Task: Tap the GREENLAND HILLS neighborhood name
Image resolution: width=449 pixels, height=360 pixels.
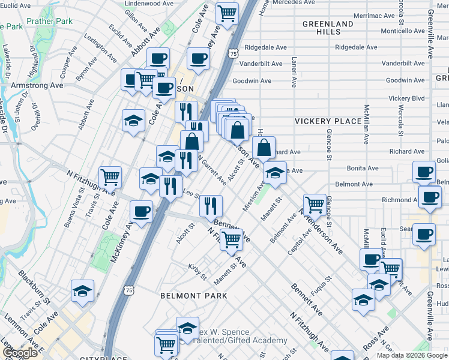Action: pyautogui.click(x=328, y=28)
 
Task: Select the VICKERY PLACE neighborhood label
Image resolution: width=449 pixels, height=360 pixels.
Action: pyautogui.click(x=328, y=121)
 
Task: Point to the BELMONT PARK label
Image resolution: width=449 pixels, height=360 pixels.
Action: pyautogui.click(x=194, y=296)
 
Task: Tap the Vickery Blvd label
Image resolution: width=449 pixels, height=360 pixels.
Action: pyautogui.click(x=406, y=98)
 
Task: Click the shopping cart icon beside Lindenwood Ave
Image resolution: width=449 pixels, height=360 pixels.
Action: pyautogui.click(x=227, y=14)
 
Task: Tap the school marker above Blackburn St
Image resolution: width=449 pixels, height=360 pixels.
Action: pyautogui.click(x=83, y=292)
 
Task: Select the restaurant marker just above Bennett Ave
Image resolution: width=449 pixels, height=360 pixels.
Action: pyautogui.click(x=211, y=206)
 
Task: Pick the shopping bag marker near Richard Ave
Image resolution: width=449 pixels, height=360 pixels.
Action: pyautogui.click(x=264, y=148)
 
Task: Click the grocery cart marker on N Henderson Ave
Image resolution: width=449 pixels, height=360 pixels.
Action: pyautogui.click(x=314, y=205)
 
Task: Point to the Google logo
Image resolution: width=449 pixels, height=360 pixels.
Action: pyautogui.click(x=20, y=353)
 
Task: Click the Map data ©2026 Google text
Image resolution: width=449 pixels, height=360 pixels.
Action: pyautogui.click(x=412, y=355)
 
